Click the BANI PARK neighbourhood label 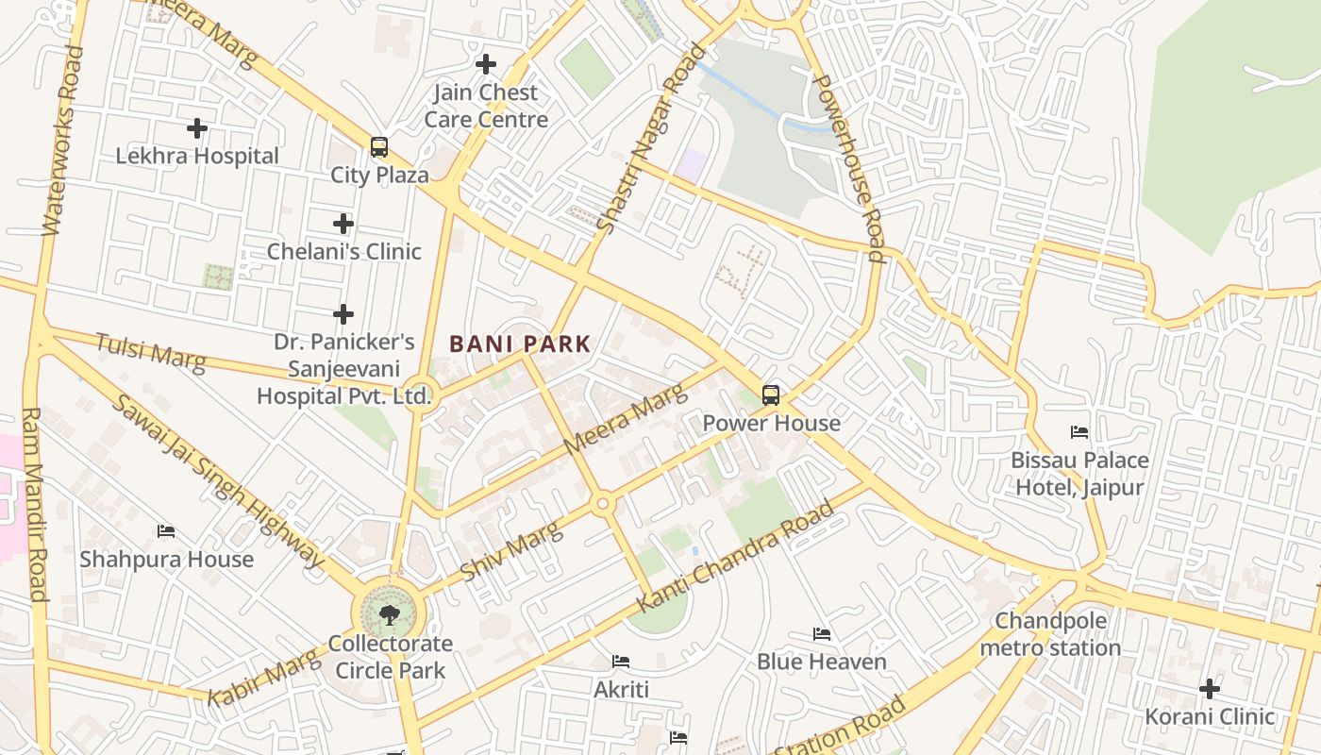pos(520,344)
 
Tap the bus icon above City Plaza pos(379,147)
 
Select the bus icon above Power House pos(771,395)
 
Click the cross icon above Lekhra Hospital pos(197,127)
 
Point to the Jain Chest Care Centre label pos(486,106)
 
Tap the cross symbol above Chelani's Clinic pos(343,224)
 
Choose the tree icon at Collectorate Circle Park pos(389,615)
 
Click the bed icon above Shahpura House pos(166,531)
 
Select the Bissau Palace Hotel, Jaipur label pos(1079,474)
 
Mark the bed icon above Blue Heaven pos(822,634)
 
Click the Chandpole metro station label pos(1050,634)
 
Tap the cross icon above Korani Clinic pos(1210,688)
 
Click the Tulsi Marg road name pos(150,352)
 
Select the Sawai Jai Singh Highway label pos(217,481)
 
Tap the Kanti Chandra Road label pos(737,556)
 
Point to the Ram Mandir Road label pos(34,504)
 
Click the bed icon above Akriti pos(621,662)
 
